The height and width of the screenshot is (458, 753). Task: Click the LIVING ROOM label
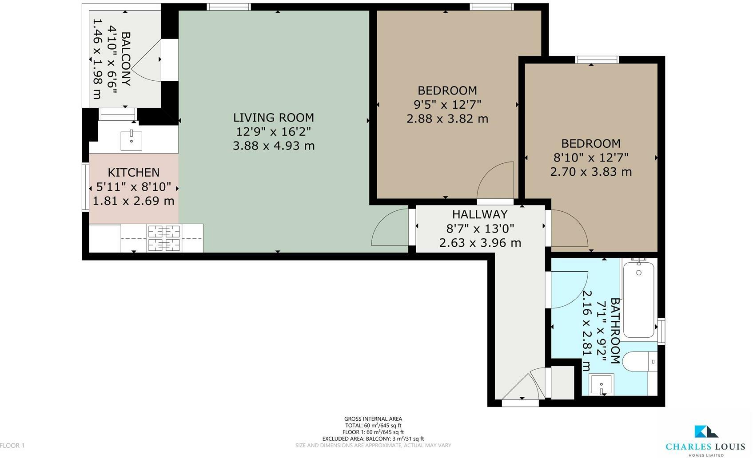click(274, 118)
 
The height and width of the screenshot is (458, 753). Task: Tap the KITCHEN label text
click(133, 173)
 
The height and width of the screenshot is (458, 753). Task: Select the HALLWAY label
click(480, 214)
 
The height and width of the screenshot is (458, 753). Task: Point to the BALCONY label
click(126, 59)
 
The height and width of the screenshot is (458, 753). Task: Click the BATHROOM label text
click(615, 331)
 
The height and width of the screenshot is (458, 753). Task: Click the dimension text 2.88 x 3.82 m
click(447, 119)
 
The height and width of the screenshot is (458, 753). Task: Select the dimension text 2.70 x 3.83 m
click(591, 172)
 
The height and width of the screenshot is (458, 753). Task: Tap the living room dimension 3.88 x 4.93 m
click(274, 146)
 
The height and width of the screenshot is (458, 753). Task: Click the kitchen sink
click(131, 140)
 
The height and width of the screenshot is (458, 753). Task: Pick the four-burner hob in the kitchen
click(164, 238)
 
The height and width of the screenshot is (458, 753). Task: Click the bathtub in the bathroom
click(639, 300)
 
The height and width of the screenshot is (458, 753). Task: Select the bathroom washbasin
click(602, 384)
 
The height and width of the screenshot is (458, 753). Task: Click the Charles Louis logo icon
click(706, 431)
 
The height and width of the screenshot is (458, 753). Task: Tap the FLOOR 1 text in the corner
click(12, 446)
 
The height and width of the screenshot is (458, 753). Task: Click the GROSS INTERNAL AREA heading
click(373, 419)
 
